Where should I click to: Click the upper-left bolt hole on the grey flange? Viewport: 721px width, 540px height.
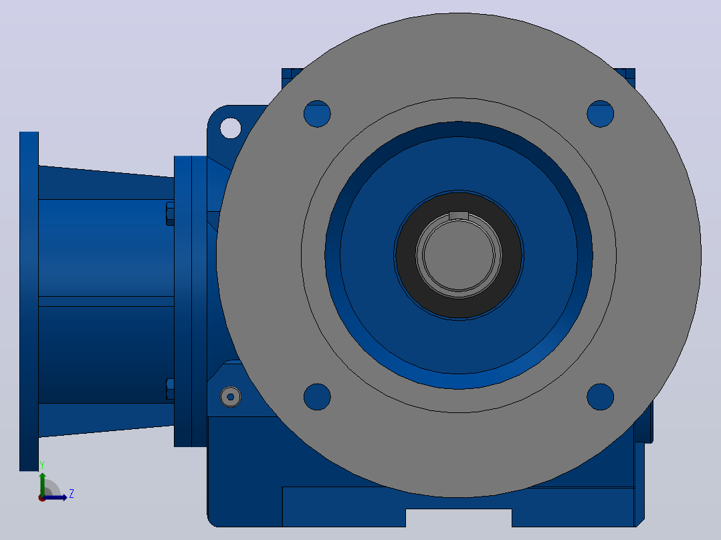click(317, 114)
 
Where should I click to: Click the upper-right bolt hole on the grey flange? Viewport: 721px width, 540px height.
click(601, 114)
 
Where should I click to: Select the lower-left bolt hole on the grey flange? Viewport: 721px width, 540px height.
click(317, 396)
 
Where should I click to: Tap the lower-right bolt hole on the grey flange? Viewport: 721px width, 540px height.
click(601, 396)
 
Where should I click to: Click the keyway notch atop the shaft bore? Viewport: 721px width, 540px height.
click(458, 216)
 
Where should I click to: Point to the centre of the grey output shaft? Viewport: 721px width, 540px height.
click(459, 255)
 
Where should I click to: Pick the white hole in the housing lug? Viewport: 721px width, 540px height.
click(230, 128)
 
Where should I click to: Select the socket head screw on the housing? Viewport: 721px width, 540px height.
click(230, 396)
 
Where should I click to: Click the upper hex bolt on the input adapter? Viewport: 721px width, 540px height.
click(170, 214)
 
